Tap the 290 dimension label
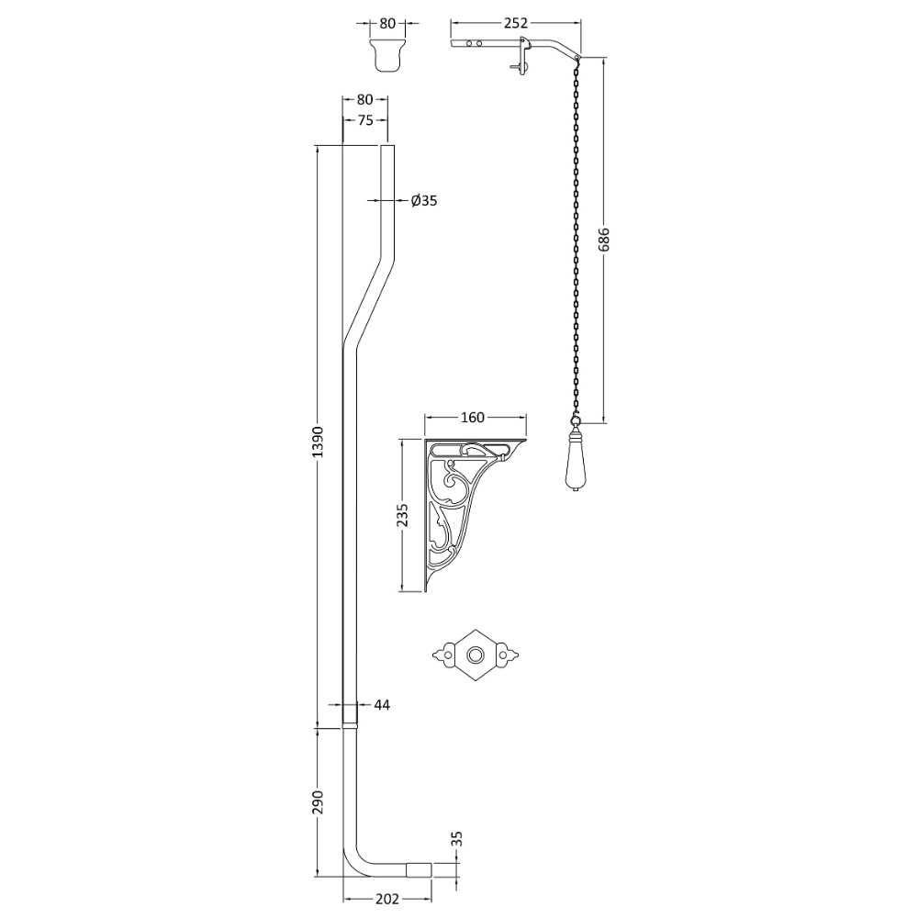[317, 802]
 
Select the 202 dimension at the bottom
[387, 899]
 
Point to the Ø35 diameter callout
[424, 201]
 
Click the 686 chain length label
[604, 239]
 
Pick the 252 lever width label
[516, 23]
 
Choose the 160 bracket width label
[473, 417]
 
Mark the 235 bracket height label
[403, 515]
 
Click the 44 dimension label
[381, 705]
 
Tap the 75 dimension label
[364, 120]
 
